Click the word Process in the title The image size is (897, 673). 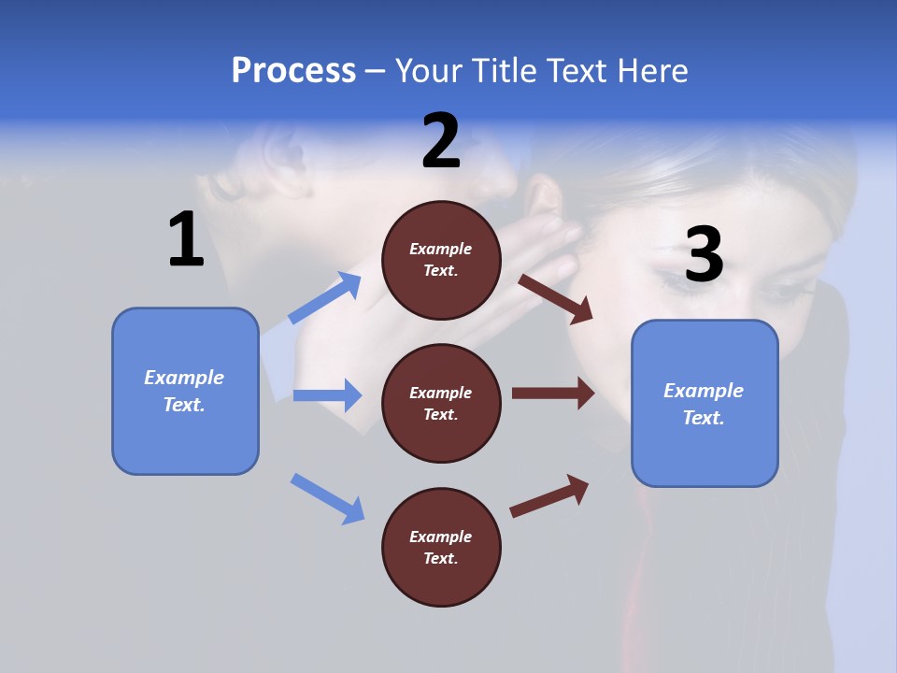[293, 71]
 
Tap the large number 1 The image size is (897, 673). [186, 240]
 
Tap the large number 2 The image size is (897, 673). [441, 141]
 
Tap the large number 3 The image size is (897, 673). [704, 255]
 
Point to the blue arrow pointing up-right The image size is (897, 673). [325, 298]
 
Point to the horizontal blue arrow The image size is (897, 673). [327, 395]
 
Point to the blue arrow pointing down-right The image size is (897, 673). [327, 498]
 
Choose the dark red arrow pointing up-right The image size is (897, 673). [549, 495]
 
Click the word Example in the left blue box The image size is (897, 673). [184, 378]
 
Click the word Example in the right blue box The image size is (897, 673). [704, 391]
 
